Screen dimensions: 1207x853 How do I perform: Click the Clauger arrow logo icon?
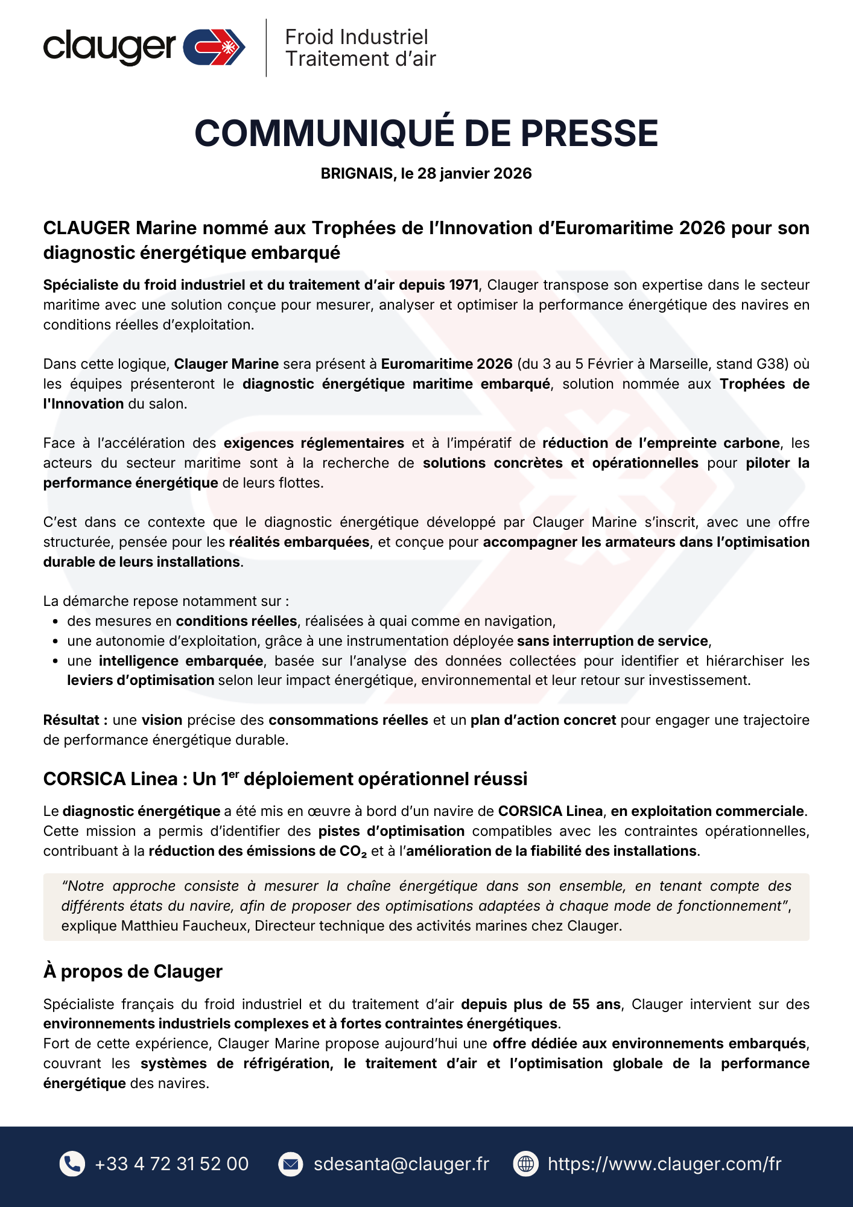point(214,47)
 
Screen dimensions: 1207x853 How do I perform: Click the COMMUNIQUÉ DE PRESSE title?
point(426,133)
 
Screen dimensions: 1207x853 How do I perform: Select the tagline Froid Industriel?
point(356,37)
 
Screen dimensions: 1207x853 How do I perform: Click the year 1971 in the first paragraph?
point(464,285)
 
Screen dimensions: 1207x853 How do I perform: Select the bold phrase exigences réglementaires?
point(314,443)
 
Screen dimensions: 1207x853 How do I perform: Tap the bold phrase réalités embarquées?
point(299,542)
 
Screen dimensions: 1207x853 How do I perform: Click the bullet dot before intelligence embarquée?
point(55,661)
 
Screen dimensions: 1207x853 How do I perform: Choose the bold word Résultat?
point(75,720)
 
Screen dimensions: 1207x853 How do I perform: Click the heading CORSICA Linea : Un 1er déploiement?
point(285,779)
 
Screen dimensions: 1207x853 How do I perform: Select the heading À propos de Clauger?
point(133,972)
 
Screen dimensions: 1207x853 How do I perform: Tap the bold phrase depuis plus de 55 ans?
point(541,1004)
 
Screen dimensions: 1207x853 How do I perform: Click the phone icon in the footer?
point(72,1164)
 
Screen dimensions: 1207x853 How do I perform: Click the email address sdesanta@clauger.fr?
point(401,1164)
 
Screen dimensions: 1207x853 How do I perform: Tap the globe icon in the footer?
point(525,1164)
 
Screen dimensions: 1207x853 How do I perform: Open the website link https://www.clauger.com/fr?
point(664,1164)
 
